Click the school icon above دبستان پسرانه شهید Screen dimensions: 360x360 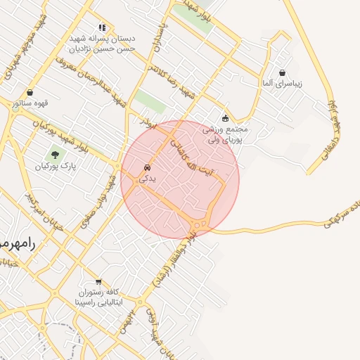[103, 27]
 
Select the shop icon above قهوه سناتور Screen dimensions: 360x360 [30, 93]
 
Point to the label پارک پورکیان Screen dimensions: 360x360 [55, 167]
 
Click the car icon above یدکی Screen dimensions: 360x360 [147, 169]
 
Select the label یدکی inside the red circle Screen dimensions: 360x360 [147, 179]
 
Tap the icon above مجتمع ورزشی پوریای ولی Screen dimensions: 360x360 [225, 119]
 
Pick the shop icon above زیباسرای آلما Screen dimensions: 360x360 [282, 73]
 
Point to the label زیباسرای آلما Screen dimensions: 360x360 [282, 84]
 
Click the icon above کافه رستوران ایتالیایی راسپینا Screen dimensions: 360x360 [98, 281]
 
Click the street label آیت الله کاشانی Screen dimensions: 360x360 [193, 157]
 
